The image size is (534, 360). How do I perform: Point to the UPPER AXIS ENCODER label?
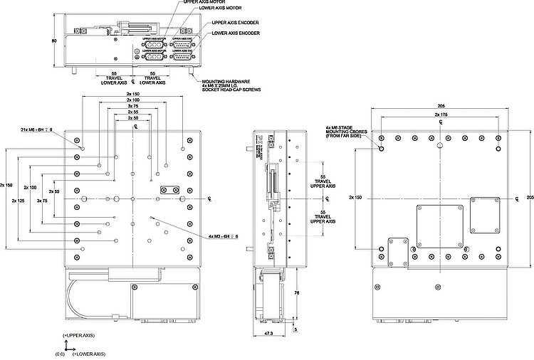click(236, 23)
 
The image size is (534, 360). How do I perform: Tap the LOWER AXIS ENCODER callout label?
click(236, 33)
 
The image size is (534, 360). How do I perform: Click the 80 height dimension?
click(54, 41)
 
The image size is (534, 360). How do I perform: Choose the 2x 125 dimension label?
click(20, 201)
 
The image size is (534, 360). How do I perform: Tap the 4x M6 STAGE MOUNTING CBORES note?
click(345, 133)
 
